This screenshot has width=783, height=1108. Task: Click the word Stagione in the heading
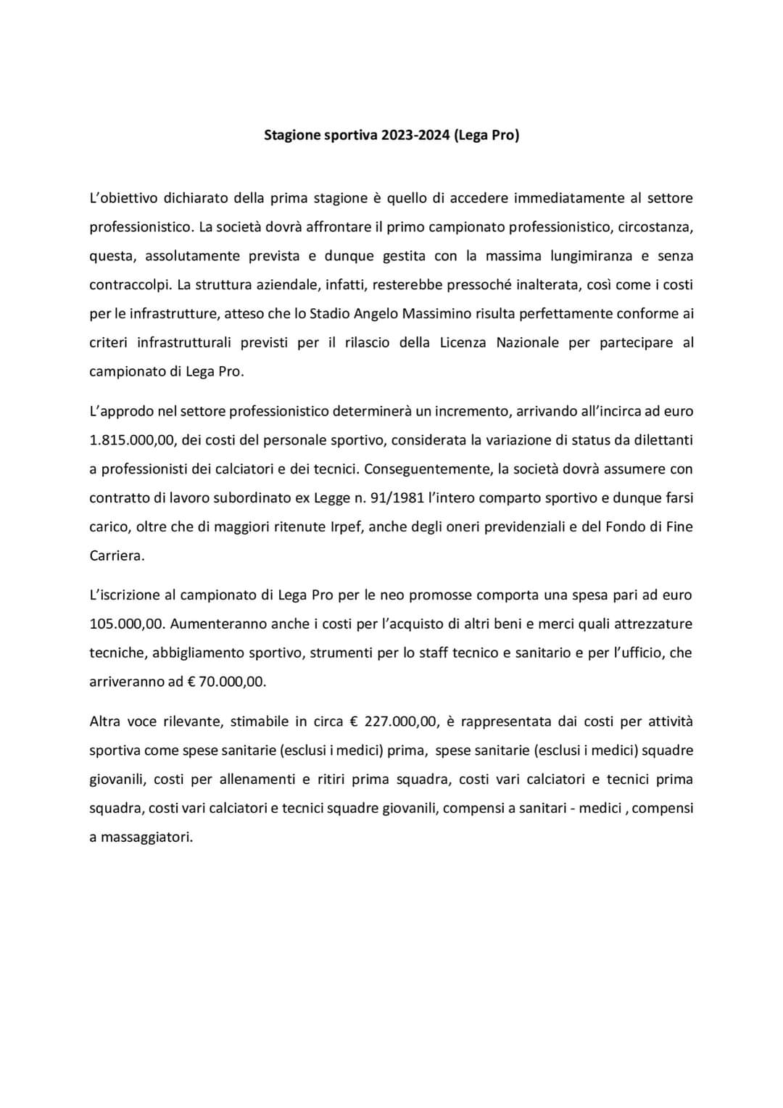pyautogui.click(x=292, y=135)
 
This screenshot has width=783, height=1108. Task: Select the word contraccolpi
pyautogui.click(x=129, y=285)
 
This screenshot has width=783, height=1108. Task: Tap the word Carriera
pyautogui.click(x=117, y=556)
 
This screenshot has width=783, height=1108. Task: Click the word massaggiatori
pyautogui.click(x=146, y=838)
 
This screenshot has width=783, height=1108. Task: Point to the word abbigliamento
pyautogui.click(x=195, y=653)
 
